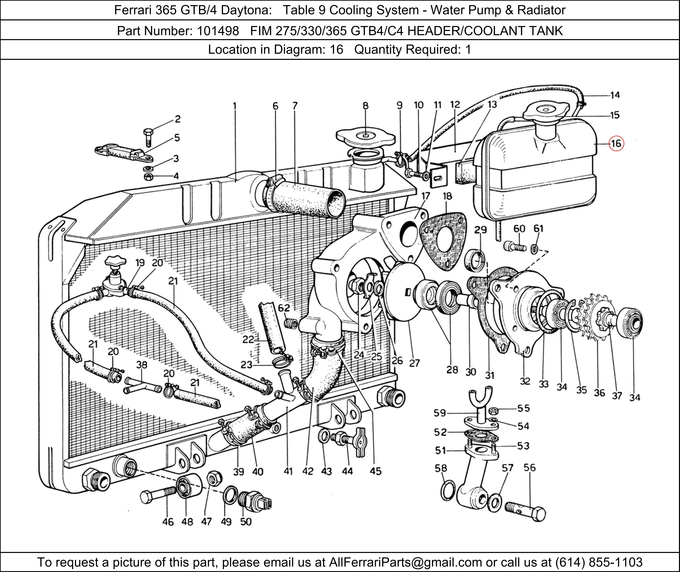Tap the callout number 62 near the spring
click(x=284, y=308)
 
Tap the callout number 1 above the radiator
click(x=235, y=106)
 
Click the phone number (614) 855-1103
click(x=598, y=562)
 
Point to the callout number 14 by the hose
click(x=615, y=95)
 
